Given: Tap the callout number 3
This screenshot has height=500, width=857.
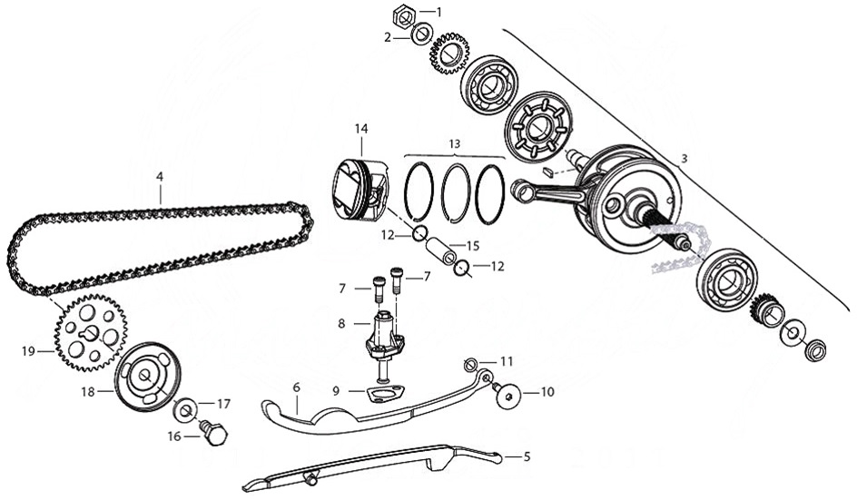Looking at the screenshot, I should [x=684, y=158].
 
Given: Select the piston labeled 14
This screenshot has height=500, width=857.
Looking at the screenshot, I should [x=361, y=190].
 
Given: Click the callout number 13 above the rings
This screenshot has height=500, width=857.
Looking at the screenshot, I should [x=454, y=143].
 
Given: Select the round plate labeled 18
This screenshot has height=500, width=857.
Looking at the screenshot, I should [x=148, y=376].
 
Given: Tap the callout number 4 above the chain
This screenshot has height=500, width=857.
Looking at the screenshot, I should [x=159, y=173].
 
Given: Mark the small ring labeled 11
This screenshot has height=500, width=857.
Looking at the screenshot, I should [x=471, y=365].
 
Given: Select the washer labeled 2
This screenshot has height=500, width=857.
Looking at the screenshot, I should [x=421, y=37].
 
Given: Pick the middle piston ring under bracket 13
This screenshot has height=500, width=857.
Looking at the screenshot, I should [x=456, y=193].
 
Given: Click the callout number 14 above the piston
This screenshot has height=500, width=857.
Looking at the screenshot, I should [x=361, y=128].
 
